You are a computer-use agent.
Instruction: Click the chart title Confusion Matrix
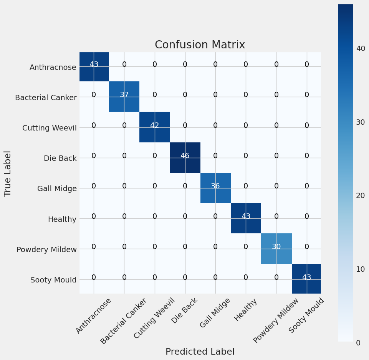coord(200,45)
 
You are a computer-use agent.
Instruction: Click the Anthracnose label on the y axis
coord(53,67)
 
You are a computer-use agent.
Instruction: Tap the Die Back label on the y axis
coord(60,158)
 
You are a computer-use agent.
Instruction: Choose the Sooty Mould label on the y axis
coord(53,280)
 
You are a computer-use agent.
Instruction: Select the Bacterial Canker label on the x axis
coord(124,321)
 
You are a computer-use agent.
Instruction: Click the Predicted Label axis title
coord(200,352)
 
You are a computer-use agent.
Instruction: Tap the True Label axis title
coord(8,173)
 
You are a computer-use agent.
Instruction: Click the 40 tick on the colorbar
coord(360,49)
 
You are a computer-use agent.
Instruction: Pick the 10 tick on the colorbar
coord(360,269)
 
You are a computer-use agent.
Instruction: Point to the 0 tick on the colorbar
coord(358,342)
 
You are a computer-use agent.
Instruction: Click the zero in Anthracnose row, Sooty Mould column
coord(307,64)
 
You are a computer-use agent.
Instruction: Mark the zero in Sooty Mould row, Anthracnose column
coord(94,277)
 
